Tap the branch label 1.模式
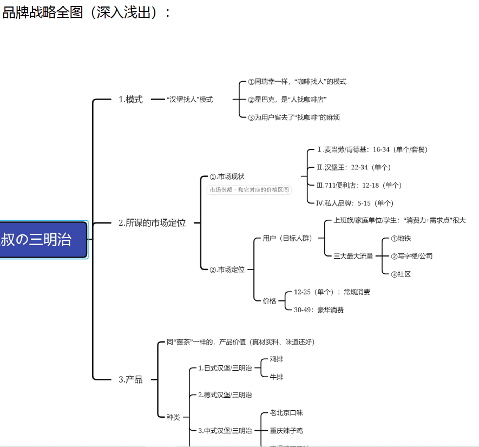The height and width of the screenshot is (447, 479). pos(130,100)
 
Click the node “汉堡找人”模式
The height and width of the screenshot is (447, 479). pos(189,100)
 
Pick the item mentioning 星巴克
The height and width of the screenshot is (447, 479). pos(287,100)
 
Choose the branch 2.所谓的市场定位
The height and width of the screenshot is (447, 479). pos(152,222)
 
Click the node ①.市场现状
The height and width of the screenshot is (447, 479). pos(227,176)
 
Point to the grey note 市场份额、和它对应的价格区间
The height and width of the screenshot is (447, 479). pos(249,190)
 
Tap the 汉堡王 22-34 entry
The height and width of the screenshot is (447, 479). pos(353,167)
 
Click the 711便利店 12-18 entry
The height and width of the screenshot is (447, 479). pos(359,185)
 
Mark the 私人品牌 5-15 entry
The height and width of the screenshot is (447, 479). pos(355,203)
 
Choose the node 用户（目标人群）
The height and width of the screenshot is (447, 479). pos(287,238)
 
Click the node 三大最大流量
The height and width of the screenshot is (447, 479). pos(353,256)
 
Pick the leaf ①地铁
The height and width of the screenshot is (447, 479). pos(401,238)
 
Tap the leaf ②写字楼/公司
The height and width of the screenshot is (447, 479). pos(411,256)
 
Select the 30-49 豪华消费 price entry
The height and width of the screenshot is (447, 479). pos(319,310)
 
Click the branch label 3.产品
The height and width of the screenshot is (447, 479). pos(130,379)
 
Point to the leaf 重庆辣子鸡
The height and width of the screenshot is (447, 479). pos(286,431)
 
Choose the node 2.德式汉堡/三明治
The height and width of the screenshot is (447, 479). pos(225,395)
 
